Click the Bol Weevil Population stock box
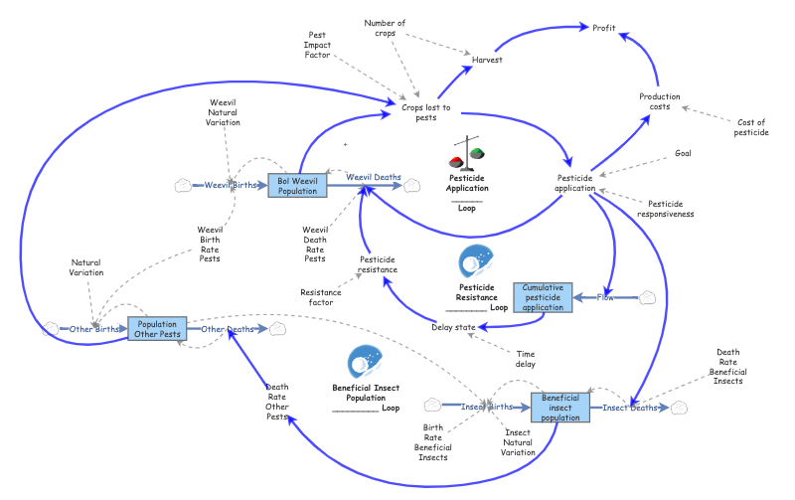pos(297,184)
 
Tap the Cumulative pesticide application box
pos(544,296)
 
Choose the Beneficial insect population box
pos(559,406)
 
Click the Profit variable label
pos(604,29)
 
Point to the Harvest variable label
pos(487,60)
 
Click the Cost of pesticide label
pos(750,127)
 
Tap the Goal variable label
pos(683,153)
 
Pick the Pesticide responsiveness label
pos(666,208)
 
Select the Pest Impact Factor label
pos(317,45)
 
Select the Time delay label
pos(526,358)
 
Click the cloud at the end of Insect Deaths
pos(680,407)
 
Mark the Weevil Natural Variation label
pos(223,114)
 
